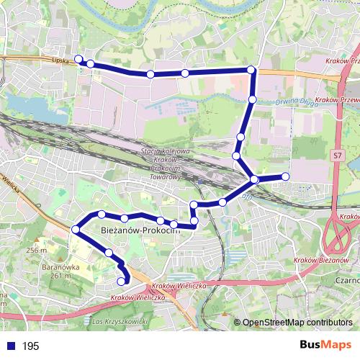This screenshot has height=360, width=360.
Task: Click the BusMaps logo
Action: point(325,345)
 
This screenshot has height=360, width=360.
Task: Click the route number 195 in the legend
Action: point(31,346)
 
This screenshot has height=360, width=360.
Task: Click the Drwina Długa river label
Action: point(296,102)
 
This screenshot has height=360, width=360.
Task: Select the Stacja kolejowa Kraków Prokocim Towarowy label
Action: point(165,164)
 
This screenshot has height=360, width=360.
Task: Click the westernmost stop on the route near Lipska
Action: point(78,60)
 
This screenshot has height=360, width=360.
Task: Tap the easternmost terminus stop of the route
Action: point(285,176)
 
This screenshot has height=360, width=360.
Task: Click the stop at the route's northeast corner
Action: point(251,70)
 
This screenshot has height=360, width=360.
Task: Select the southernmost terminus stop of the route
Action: point(121,282)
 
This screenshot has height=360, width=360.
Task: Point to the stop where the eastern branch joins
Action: point(254,179)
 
